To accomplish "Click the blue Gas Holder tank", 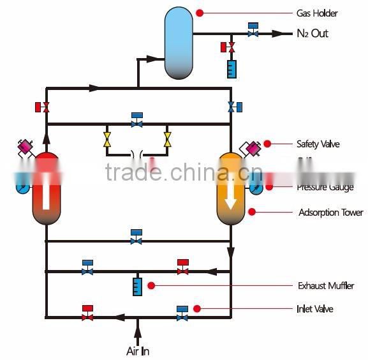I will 179,42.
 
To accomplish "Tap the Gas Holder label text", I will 317,13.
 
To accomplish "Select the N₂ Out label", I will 313,33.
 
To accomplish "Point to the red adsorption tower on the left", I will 46,189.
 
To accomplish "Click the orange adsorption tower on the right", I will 231,189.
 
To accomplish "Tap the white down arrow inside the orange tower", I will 231,191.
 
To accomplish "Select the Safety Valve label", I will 318,144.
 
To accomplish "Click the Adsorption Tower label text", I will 330,212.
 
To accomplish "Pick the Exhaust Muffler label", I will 326,286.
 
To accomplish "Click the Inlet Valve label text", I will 315,309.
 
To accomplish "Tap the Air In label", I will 137,351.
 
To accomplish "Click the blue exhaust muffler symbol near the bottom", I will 136,286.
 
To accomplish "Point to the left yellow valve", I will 107,139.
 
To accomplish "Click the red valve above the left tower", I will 43,107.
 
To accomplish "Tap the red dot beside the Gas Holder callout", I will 200,13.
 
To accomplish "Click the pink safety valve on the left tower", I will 26,148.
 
